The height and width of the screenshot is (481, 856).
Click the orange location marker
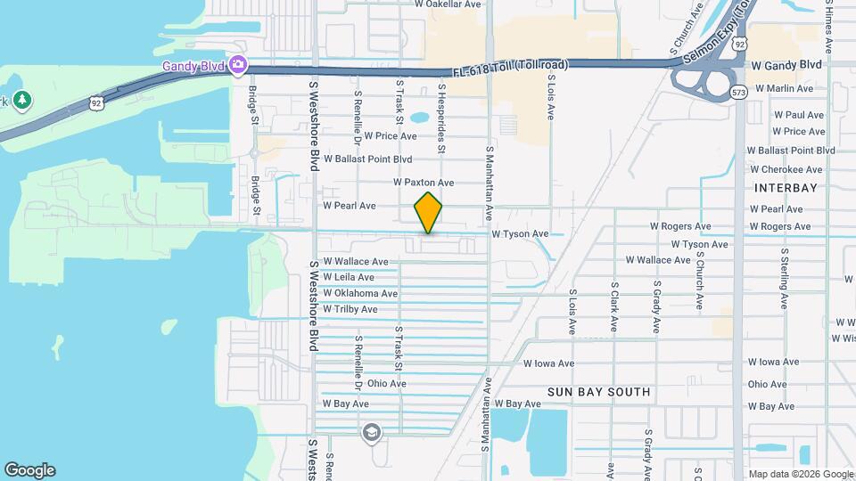point(428,212)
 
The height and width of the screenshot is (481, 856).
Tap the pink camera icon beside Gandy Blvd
point(238,65)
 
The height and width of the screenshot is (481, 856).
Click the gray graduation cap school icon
point(371,433)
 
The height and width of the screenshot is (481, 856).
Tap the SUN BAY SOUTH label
point(599,392)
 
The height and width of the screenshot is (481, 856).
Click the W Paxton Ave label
point(424,183)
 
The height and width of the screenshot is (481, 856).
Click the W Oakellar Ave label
point(448,4)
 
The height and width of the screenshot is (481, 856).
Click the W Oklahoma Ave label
point(360,293)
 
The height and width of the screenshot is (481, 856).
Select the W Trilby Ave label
point(350,309)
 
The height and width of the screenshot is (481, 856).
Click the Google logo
point(29,470)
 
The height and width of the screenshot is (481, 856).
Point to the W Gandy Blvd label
point(786,65)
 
